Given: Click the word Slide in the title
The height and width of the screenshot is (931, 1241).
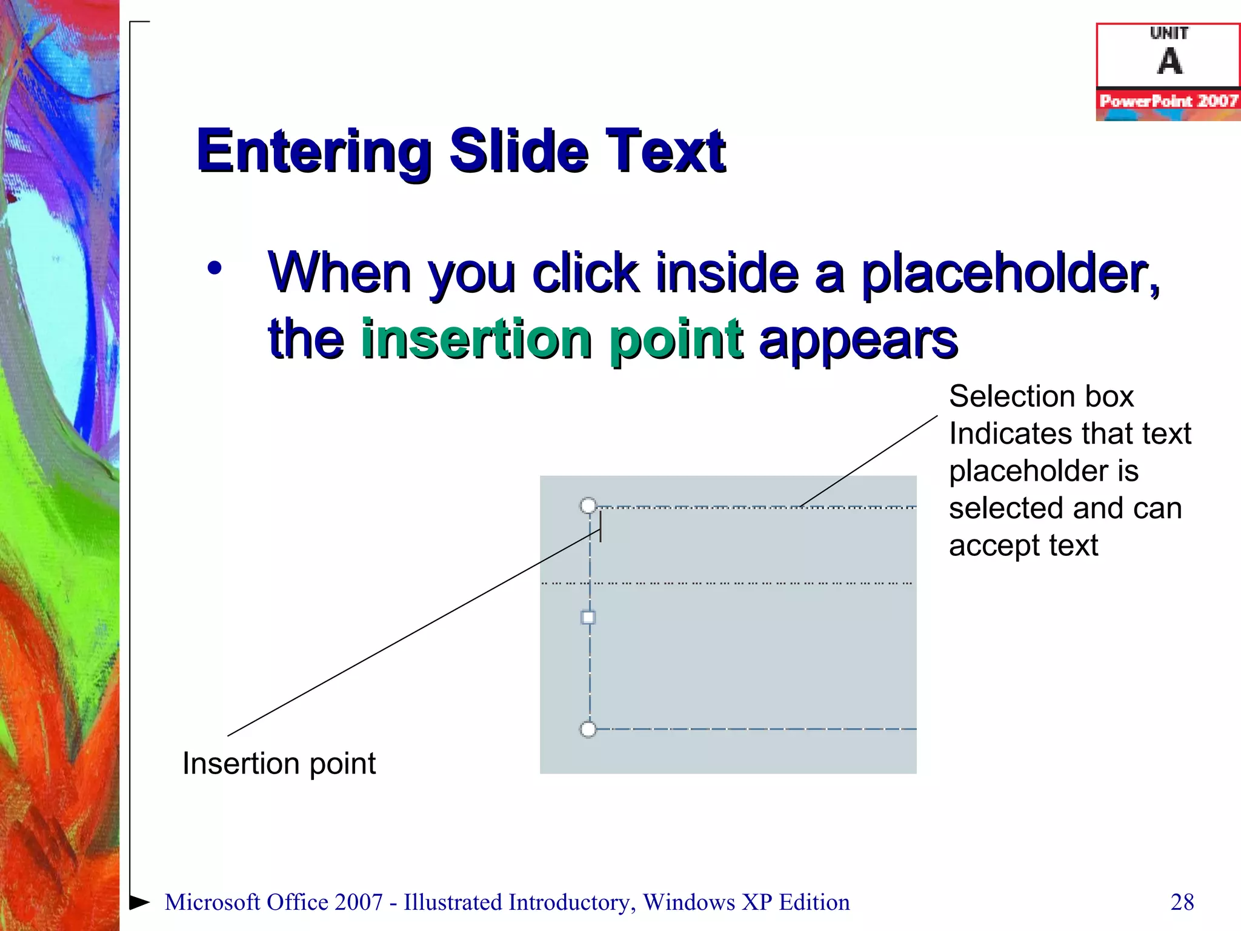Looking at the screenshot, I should [x=519, y=152].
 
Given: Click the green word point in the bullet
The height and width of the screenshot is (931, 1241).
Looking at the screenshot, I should [x=676, y=339].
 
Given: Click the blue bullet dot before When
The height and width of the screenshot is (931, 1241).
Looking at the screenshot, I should [x=215, y=268].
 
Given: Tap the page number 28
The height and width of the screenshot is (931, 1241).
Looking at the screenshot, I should [x=1182, y=902].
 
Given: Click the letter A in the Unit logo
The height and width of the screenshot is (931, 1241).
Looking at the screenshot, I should [x=1169, y=61].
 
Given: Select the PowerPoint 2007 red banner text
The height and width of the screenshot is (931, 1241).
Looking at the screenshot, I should [x=1168, y=101].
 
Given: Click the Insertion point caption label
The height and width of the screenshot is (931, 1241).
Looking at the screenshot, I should [x=279, y=764].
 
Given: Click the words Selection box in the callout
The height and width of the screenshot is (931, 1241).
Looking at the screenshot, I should [x=1041, y=396].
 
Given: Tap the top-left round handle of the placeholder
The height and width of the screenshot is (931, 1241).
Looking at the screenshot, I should [x=588, y=506].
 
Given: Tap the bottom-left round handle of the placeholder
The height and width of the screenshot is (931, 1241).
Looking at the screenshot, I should [x=588, y=729].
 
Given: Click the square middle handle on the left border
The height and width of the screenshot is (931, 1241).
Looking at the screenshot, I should [x=588, y=618].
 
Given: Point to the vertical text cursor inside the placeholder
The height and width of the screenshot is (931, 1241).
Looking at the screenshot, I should [x=601, y=526].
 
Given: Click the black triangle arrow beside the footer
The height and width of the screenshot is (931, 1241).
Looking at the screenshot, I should [x=139, y=902].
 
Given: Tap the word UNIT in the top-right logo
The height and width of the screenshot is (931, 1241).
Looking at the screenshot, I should [x=1169, y=33].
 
